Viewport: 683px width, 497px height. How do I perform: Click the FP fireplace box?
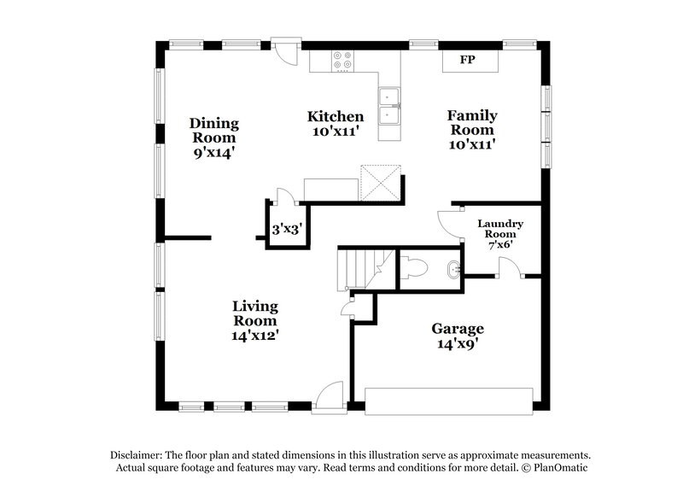tap(467, 61)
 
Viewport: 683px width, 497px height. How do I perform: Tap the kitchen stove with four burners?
tap(342, 61)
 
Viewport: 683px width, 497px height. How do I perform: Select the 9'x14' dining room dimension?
tap(213, 153)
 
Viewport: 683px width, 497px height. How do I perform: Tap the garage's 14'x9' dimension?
tap(457, 345)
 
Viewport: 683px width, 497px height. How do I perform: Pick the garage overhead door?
tap(447, 401)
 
